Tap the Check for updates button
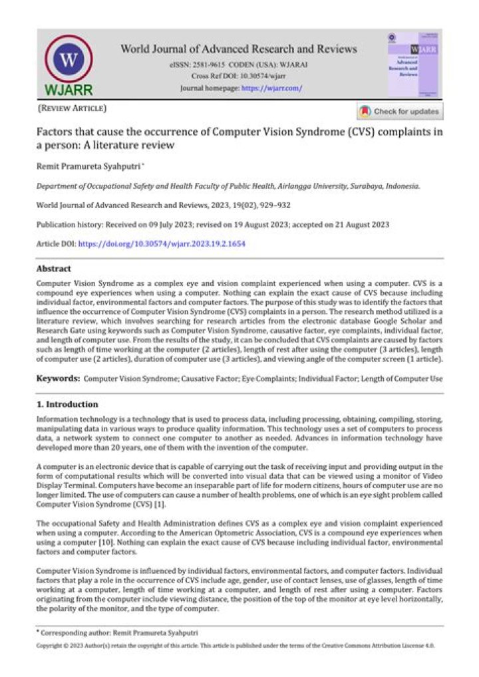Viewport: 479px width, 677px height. coord(399,112)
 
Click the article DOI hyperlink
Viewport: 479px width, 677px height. coord(162,244)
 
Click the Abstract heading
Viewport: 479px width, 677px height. coord(54,269)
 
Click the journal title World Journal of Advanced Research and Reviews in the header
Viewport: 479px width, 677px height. coord(239,49)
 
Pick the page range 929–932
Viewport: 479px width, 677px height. coord(275,205)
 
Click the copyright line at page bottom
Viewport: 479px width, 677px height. coord(239,646)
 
